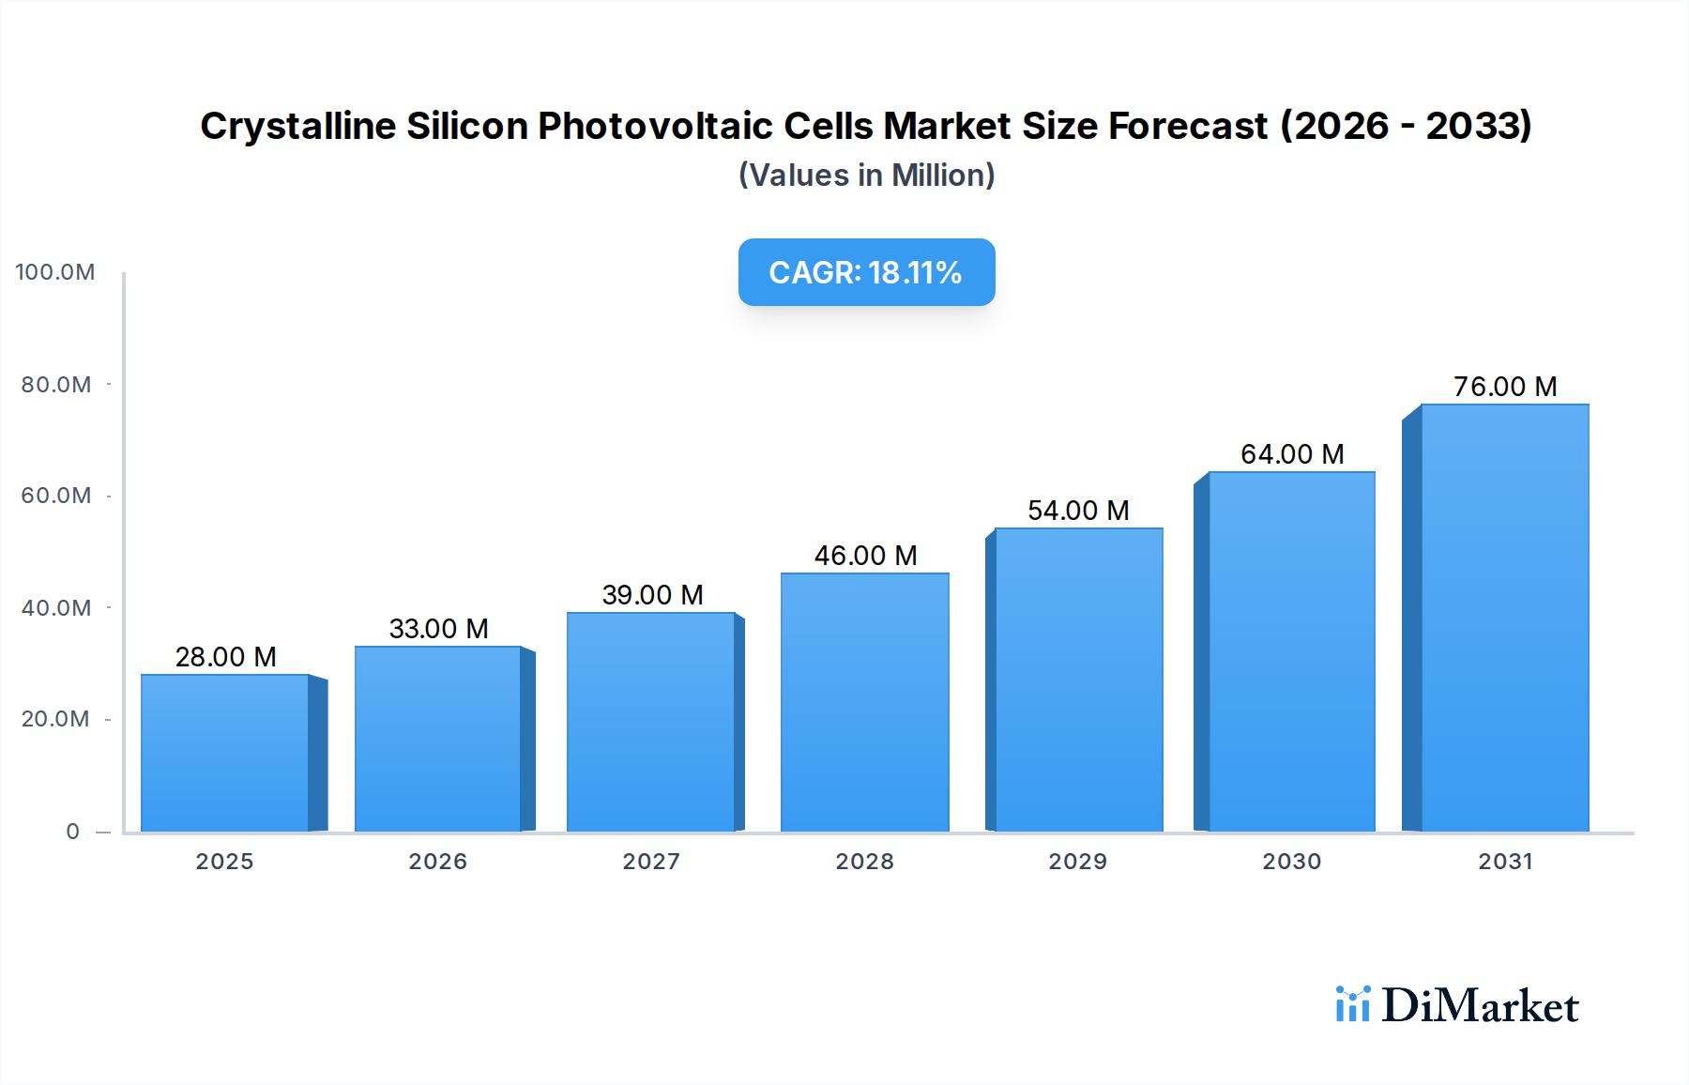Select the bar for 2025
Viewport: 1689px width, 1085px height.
click(x=225, y=753)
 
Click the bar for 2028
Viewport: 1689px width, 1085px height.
click(x=864, y=702)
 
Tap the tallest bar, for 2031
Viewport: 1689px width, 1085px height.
click(x=1504, y=618)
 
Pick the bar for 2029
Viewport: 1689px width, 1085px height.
click(x=1078, y=680)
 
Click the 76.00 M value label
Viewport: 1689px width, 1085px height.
click(x=1504, y=387)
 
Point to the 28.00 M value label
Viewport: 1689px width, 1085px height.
click(x=225, y=657)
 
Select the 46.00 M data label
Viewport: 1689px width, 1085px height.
click(x=864, y=556)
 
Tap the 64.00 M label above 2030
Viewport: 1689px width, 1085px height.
click(x=1291, y=454)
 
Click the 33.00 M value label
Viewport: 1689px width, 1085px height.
click(x=438, y=629)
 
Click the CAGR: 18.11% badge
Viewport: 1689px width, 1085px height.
click(x=865, y=272)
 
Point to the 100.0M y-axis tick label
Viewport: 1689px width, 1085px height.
click(x=55, y=272)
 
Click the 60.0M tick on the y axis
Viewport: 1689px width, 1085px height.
click(x=56, y=496)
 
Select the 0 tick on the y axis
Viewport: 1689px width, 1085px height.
click(x=72, y=832)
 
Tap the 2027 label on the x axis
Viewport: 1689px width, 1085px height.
click(x=651, y=862)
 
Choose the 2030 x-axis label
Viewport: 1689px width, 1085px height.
click(x=1291, y=862)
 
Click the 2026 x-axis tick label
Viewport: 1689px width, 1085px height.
click(x=437, y=862)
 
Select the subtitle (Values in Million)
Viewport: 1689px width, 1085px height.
click(x=865, y=176)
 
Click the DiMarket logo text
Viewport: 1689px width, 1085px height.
click(x=1480, y=1006)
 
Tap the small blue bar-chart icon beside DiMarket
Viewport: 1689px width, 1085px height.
click(x=1352, y=1004)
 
